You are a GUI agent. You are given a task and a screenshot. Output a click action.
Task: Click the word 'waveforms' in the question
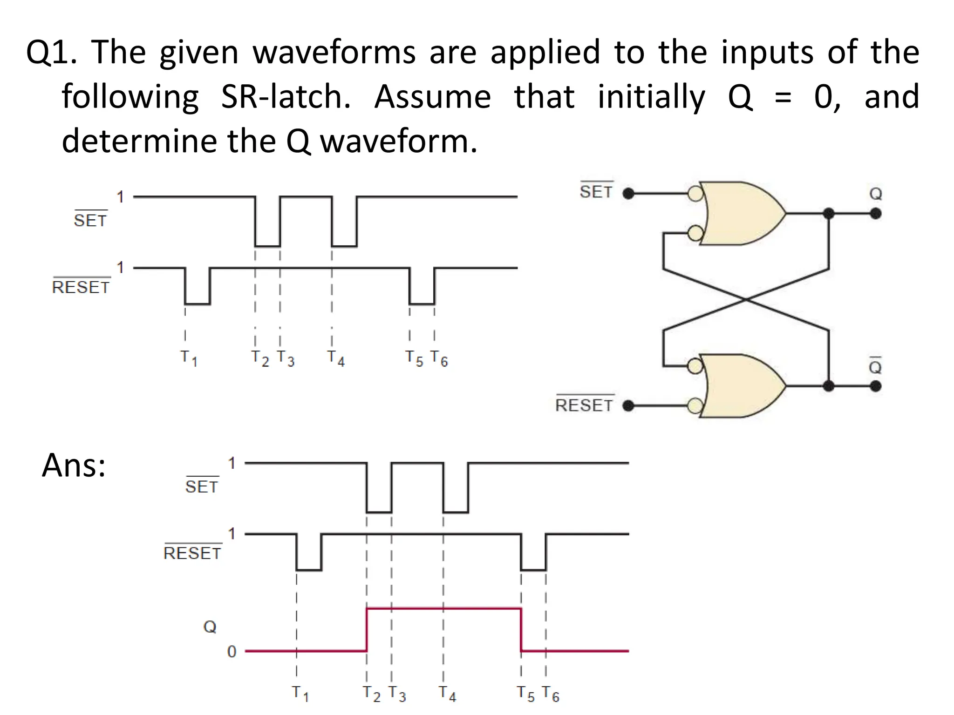[334, 52]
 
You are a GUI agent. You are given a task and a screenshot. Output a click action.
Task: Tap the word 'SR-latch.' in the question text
[286, 96]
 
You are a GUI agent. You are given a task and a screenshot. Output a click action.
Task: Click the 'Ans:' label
[74, 465]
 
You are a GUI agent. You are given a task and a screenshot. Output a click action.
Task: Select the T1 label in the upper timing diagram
[189, 358]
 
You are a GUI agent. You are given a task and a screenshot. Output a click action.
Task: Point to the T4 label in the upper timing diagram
[336, 358]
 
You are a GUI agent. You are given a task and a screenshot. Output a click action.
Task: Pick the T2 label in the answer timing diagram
[372, 694]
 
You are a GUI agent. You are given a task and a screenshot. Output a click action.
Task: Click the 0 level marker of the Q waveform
[232, 652]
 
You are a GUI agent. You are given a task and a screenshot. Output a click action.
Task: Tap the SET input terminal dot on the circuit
[628, 193]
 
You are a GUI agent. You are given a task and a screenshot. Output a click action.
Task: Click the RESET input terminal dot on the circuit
[628, 406]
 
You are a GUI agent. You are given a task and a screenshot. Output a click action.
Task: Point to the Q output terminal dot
[876, 214]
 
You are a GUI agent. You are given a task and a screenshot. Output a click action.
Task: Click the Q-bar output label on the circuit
[876, 366]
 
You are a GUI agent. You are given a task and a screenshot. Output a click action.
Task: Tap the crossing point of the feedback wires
[746, 299]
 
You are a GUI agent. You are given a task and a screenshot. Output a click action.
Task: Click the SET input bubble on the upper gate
[695, 193]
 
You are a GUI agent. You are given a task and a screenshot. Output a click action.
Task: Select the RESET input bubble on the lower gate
[695, 406]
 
